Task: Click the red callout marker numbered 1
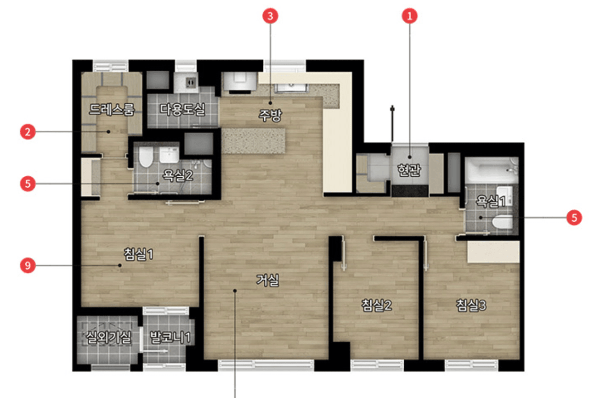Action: (x=409, y=16)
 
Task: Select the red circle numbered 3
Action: (x=270, y=16)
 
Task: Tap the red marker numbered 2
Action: (x=28, y=132)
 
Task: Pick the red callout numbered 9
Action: (x=28, y=265)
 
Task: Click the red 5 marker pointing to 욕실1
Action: (x=574, y=218)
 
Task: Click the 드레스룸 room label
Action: (x=112, y=110)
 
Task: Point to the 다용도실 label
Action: (x=182, y=110)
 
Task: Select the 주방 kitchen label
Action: (x=270, y=116)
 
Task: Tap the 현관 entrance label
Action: (x=409, y=170)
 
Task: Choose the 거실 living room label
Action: (x=267, y=280)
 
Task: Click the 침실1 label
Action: (x=138, y=254)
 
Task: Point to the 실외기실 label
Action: (x=108, y=337)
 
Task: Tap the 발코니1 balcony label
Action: (x=170, y=337)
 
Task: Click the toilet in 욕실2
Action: (x=146, y=157)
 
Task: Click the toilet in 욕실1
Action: (x=502, y=222)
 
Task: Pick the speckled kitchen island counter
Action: (x=253, y=141)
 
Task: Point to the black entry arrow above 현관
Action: (x=392, y=123)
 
